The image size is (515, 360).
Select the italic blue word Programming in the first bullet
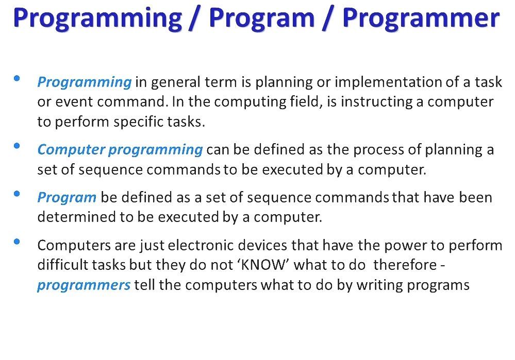[85, 82]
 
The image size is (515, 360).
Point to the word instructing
[376, 102]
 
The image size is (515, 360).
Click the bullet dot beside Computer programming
[16, 146]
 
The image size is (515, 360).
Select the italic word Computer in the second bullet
[71, 150]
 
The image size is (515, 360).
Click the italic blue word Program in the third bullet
[67, 198]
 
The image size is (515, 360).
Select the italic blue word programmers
[84, 285]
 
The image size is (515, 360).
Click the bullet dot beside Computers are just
[16, 242]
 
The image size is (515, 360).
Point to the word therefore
[405, 265]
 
